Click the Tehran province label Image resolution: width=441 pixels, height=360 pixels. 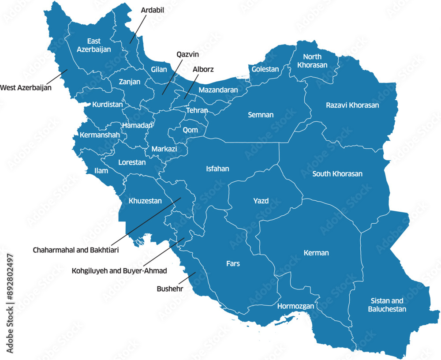click(197, 110)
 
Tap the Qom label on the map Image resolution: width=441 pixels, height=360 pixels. click(191, 130)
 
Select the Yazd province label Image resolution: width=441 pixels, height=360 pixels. click(261, 201)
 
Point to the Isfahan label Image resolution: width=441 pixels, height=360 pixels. click(217, 169)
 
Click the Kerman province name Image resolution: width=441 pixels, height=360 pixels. click(316, 253)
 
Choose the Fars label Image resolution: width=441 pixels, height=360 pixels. click(233, 263)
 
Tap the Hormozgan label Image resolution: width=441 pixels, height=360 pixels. click(295, 306)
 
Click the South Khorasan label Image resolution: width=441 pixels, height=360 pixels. click(337, 174)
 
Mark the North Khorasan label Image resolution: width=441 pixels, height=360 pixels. click(312, 61)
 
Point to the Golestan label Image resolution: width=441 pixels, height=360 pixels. click(265, 69)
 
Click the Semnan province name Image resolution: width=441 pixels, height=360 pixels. click(261, 115)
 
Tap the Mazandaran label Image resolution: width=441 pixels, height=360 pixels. click(218, 90)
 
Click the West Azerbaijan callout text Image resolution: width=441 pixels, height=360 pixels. click(26, 88)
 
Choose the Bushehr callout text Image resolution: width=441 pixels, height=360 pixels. click(170, 289)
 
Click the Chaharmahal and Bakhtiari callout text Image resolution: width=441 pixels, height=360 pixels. click(76, 250)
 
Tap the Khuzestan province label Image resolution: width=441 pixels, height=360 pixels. click(145, 201)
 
